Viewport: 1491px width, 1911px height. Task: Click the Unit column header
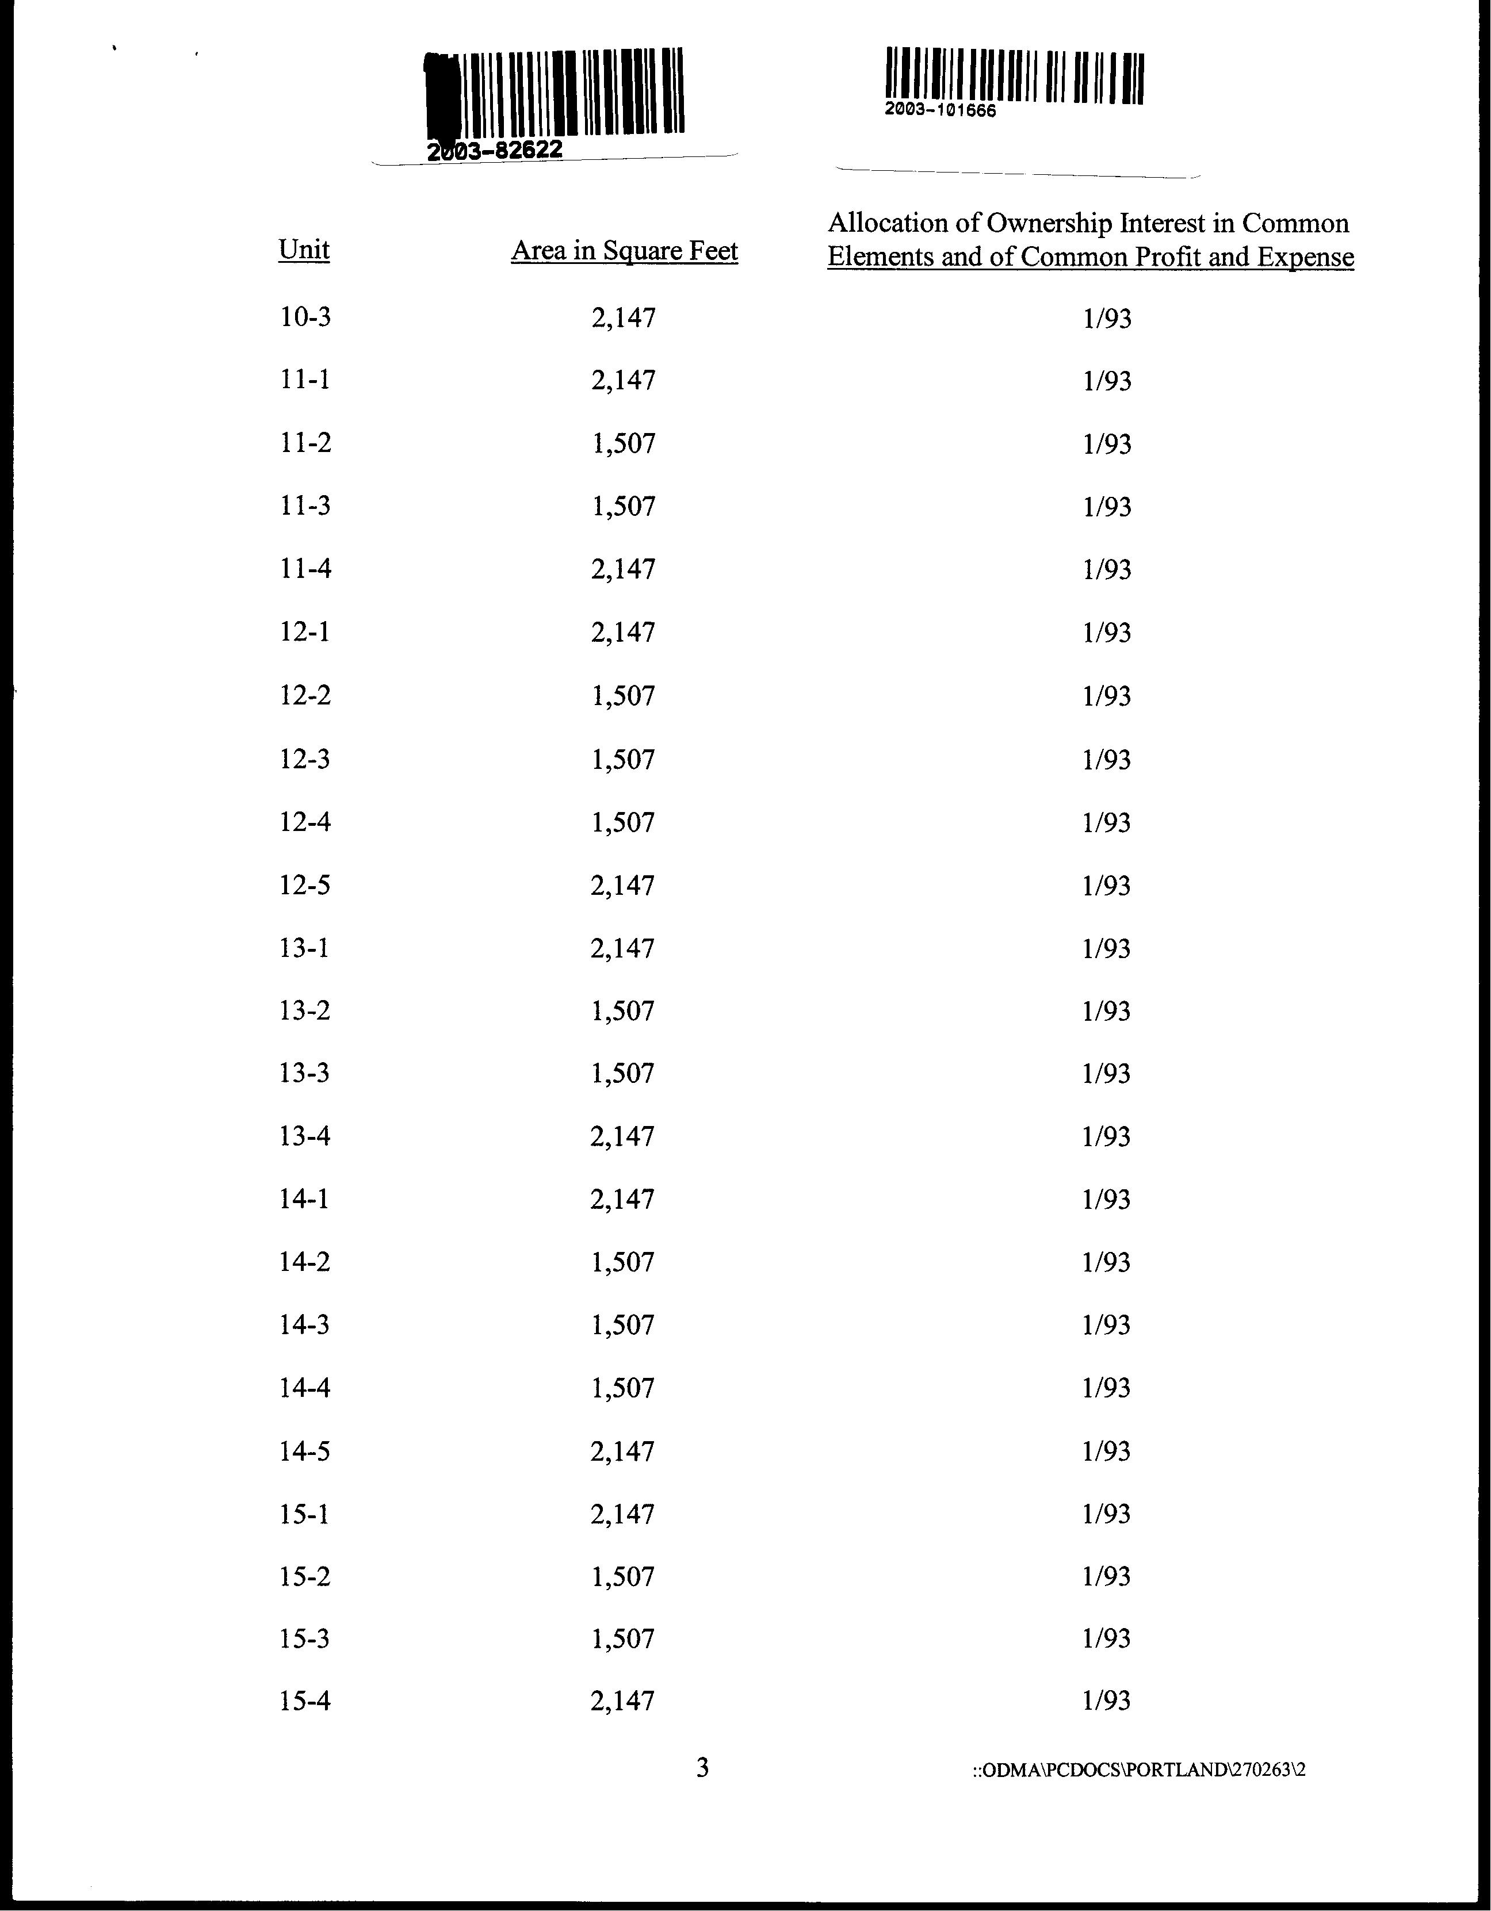pyautogui.click(x=304, y=250)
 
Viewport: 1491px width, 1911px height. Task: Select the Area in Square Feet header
pyautogui.click(x=625, y=251)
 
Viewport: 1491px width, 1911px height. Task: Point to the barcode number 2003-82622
pyautogui.click(x=494, y=151)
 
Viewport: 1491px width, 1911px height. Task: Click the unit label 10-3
pyautogui.click(x=304, y=317)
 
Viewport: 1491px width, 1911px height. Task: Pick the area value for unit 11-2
pyautogui.click(x=623, y=443)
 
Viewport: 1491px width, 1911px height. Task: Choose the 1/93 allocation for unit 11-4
pyautogui.click(x=1107, y=570)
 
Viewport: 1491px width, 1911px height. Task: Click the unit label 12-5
pyautogui.click(x=304, y=886)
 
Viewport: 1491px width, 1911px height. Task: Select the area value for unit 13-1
pyautogui.click(x=622, y=948)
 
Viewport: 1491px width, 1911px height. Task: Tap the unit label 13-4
pyautogui.click(x=304, y=1136)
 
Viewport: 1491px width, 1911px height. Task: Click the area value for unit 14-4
pyautogui.click(x=622, y=1388)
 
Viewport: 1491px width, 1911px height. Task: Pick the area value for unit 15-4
pyautogui.click(x=622, y=1701)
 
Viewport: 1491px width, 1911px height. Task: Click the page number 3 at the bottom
pyautogui.click(x=702, y=1768)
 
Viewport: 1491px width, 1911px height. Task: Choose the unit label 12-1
pyautogui.click(x=304, y=632)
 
